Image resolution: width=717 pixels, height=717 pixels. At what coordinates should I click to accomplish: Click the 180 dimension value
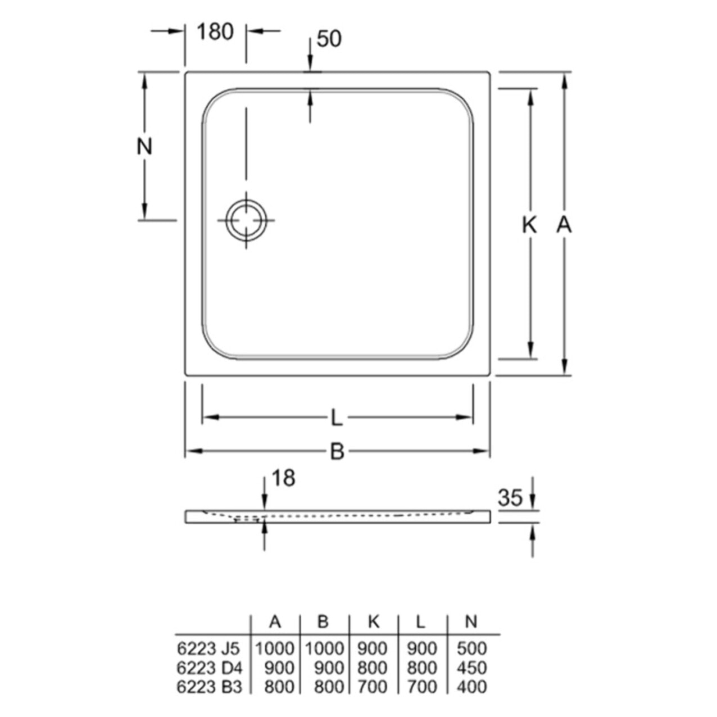pos(215,31)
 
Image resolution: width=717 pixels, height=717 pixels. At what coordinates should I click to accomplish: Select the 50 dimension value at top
pos(329,39)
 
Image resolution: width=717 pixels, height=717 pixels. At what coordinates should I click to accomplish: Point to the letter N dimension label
pos(145,147)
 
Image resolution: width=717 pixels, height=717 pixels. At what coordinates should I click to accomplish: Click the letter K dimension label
pos(529,225)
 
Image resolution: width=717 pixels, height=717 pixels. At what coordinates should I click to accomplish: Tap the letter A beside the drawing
pos(564,225)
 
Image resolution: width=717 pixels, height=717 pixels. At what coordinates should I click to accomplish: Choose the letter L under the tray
pos(336,418)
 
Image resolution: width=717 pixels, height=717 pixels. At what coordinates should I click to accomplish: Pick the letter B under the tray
pos(337,451)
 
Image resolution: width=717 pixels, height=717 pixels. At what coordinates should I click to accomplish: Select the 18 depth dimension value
pos(283,478)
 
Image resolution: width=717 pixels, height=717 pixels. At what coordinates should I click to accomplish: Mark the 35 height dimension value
pos(510,497)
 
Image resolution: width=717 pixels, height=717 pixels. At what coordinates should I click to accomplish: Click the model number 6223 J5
pos(208,648)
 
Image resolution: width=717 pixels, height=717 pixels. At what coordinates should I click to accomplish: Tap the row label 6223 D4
pos(208,668)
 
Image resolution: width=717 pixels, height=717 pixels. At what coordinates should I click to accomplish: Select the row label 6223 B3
pos(208,686)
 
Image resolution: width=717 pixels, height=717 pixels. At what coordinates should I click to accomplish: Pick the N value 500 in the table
pos(471,648)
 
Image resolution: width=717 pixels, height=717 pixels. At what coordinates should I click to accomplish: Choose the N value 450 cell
pos(471,668)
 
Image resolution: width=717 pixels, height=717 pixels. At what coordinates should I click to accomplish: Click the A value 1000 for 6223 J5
pos(275,648)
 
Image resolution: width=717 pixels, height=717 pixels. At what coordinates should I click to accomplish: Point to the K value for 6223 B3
pos(373,686)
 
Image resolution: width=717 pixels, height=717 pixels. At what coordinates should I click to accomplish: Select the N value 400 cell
pos(471,686)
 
